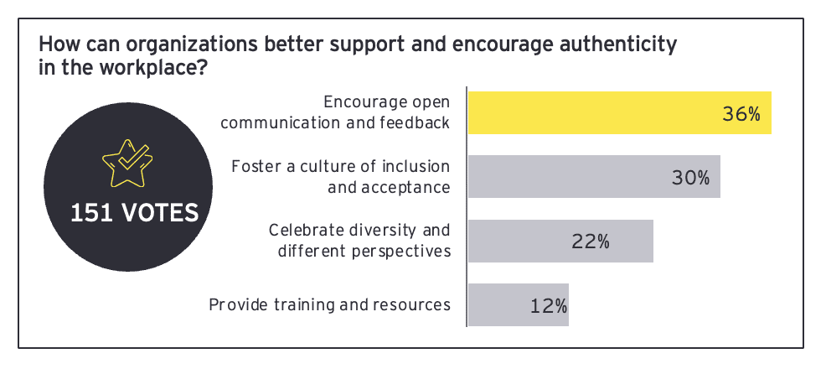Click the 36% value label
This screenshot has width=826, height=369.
[x=741, y=114]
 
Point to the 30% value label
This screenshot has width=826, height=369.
[x=690, y=178]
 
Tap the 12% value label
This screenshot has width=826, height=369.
[x=548, y=305]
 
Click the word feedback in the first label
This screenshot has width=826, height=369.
[x=416, y=122]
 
